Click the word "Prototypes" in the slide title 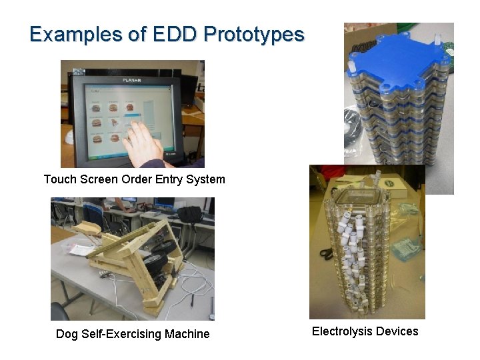point(254,34)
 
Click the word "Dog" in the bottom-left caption point(67,334)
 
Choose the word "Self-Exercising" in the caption point(122,334)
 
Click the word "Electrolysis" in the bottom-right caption point(341,331)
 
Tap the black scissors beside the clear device point(325,253)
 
